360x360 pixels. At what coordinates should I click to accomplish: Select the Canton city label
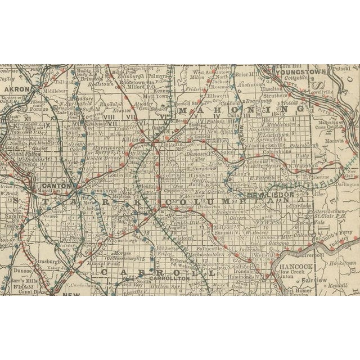[x=58, y=186]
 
